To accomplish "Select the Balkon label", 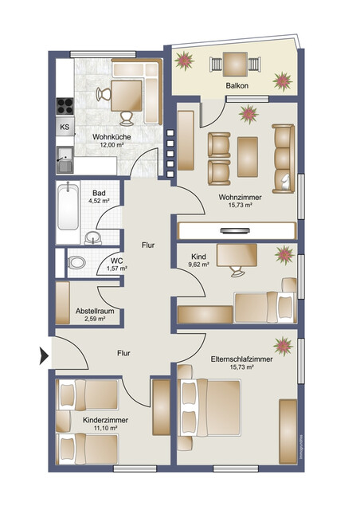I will [236, 85].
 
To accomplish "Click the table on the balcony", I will [235, 61].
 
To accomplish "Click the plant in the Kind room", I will [283, 256].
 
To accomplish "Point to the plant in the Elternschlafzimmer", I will [282, 344].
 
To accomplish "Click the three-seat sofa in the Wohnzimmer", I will [282, 156].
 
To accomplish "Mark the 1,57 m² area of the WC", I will [116, 269].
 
